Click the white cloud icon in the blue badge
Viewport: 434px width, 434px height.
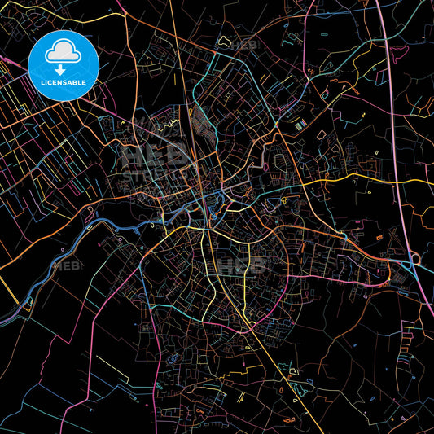[63, 51]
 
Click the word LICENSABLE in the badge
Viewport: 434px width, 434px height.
[64, 81]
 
